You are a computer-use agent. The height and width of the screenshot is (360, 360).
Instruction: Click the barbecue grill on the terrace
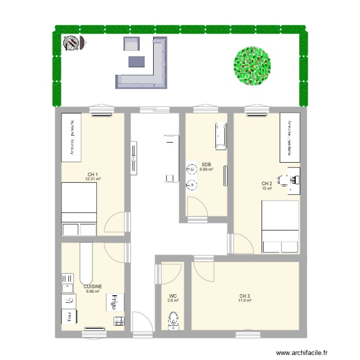click(x=72, y=44)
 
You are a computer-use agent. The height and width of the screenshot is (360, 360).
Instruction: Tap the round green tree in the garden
click(x=252, y=66)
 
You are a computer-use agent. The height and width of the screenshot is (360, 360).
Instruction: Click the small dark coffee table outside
click(x=136, y=61)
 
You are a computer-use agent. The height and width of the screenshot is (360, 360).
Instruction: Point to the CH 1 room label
click(x=93, y=175)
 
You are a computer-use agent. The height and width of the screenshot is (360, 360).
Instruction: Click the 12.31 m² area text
click(x=93, y=179)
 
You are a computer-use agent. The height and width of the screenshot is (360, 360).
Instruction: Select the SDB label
click(x=206, y=164)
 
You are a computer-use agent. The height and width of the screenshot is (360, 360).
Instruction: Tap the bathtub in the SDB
click(x=221, y=136)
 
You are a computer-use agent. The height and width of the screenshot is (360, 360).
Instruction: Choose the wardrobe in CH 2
click(x=290, y=138)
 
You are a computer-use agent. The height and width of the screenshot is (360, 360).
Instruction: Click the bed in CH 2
click(x=280, y=227)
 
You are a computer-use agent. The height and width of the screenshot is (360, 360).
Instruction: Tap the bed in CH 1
click(x=79, y=210)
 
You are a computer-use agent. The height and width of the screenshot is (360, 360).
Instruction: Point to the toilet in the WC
click(x=173, y=320)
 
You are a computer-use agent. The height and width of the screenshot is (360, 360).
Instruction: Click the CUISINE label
click(x=93, y=286)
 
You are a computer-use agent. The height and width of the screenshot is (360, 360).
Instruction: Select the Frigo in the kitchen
click(x=115, y=302)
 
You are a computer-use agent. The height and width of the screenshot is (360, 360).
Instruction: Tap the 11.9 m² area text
click(x=245, y=300)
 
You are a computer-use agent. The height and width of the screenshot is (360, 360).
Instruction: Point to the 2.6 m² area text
click(x=173, y=300)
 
